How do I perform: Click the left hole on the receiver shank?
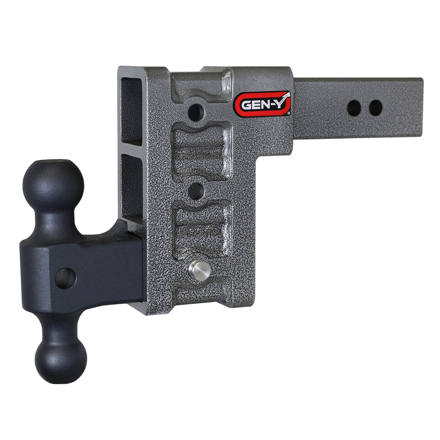click(x=354, y=107)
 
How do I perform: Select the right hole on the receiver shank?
click(x=375, y=107)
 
